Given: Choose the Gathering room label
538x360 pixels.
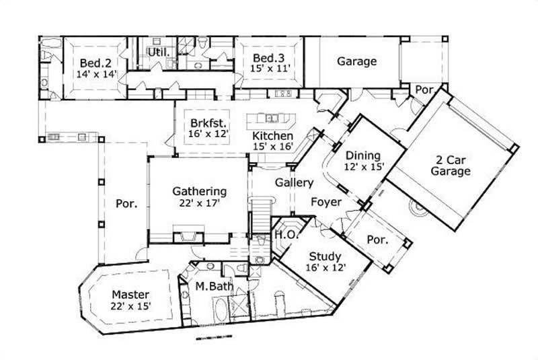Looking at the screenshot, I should click(198, 190).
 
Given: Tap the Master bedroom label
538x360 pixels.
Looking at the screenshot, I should click(130, 295).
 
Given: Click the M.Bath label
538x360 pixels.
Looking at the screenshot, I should click(214, 287).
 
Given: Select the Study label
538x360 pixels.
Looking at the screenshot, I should click(325, 256).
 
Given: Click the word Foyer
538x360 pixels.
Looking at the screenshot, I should click(325, 202).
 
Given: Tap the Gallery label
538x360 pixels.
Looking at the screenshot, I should click(294, 182).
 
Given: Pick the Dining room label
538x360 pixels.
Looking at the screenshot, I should click(363, 155).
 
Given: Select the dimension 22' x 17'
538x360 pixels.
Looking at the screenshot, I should click(198, 202).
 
